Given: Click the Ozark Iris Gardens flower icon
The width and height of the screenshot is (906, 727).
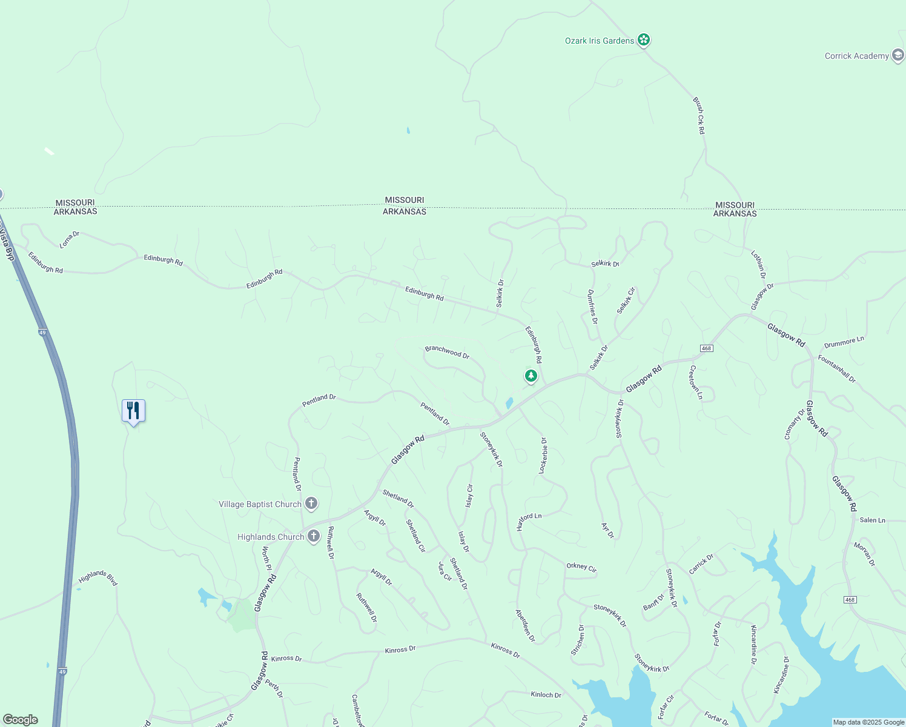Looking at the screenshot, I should point(644,41).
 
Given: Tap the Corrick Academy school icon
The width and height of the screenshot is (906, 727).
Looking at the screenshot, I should point(898,56).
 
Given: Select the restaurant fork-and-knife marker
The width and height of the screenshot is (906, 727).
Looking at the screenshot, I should point(133,411).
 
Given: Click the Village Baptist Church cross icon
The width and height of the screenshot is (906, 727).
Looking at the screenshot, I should point(311,503).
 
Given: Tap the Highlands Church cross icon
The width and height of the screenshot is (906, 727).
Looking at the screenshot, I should point(314,536).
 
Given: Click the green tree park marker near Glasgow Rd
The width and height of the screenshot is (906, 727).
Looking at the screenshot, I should point(531,376).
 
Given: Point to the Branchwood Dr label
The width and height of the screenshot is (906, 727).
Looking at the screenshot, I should point(447,352).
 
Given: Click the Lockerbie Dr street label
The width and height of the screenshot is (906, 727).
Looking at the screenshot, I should point(543,456).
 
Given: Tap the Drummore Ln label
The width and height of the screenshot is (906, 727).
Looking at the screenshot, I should point(844,342).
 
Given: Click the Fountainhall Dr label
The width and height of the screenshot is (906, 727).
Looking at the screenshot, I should point(837,368).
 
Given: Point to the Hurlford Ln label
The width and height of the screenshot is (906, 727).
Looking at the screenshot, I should point(529,521).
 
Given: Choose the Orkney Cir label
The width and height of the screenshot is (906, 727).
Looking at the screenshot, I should point(581,567).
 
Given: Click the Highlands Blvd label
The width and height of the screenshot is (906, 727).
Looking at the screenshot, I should point(98,577).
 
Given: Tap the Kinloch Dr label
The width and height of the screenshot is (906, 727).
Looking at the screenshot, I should point(546,694).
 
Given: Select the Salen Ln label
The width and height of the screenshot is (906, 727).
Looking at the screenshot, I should point(873,520).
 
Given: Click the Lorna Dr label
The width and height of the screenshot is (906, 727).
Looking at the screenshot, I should point(70,239).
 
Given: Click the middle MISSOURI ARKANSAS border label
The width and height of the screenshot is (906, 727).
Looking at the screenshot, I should point(405,205).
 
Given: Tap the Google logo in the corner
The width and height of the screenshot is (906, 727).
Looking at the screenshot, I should point(20,719).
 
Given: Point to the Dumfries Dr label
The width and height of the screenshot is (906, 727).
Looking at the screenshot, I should point(592,307).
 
